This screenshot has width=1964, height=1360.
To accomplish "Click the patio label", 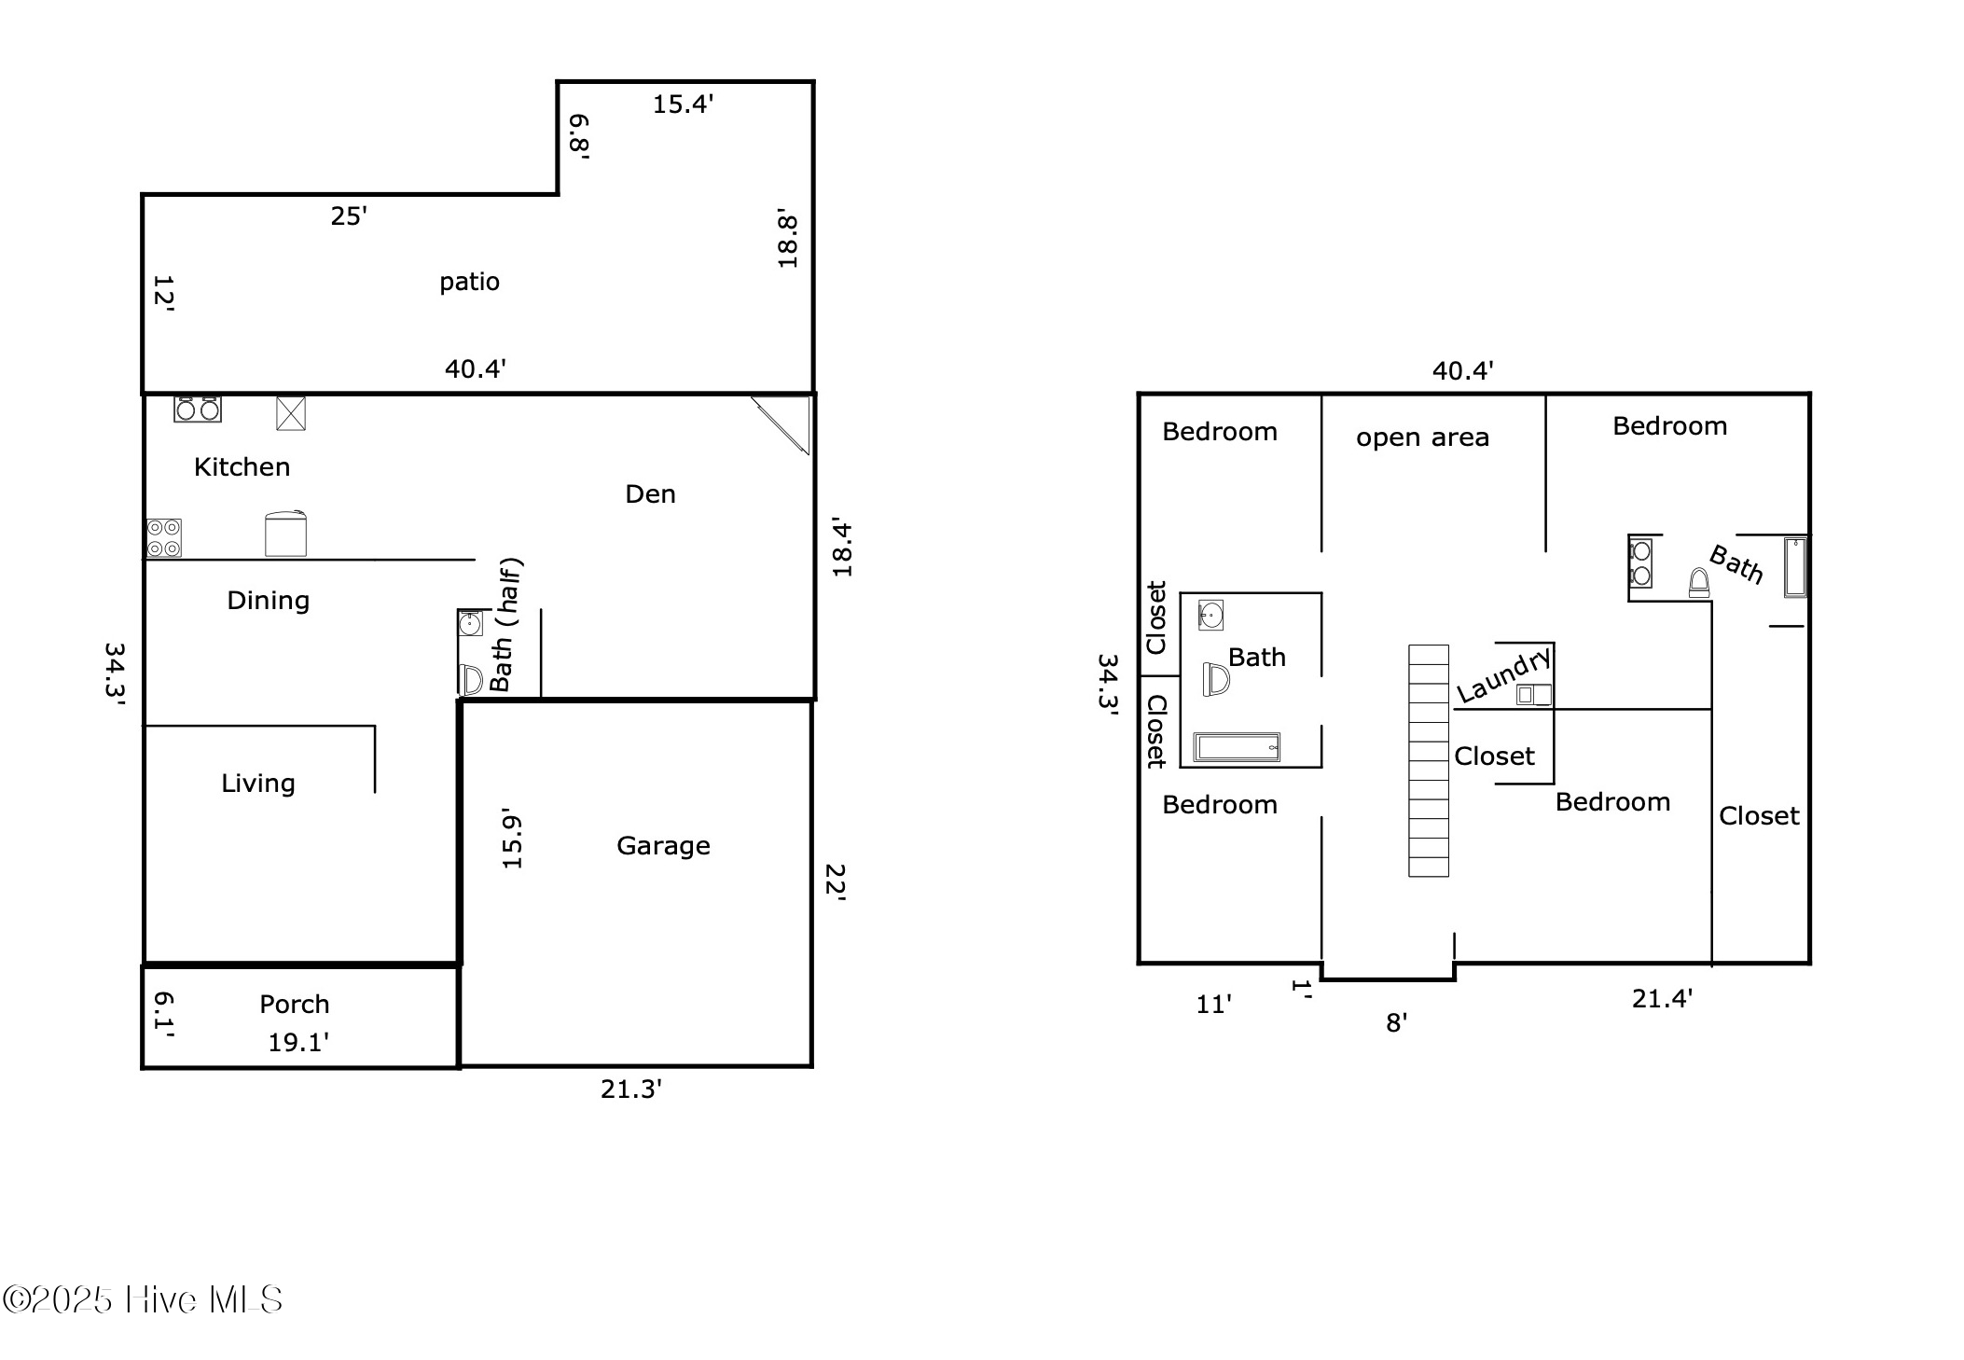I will coord(469,282).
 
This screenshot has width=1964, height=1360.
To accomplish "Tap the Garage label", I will coord(663,846).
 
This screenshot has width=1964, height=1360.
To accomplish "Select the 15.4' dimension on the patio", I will coord(683,104).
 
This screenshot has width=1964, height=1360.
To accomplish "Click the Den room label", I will coord(650,494).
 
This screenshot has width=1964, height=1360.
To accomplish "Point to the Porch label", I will coord(294,1005).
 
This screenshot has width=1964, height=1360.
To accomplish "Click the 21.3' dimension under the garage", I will coord(630,1089).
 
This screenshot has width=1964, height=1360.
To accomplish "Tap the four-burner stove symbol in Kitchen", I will coord(164,538).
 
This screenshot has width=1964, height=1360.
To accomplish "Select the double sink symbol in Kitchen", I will coord(198,409).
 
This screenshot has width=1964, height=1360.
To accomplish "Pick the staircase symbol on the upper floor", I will coord(1428,760).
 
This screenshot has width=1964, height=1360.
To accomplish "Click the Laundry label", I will coord(1503,676).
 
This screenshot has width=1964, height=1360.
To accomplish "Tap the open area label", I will coord(1422,437).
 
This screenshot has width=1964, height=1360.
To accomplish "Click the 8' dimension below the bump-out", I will coord(1396,1023).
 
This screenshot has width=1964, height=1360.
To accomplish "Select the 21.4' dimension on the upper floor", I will coord(1662,999).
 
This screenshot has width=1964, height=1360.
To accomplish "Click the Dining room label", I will coord(268,601).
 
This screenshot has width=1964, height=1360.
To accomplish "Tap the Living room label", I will coord(257,784).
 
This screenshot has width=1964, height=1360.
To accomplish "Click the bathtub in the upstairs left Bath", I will coord(1237,747).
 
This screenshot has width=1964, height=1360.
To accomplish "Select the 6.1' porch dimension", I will coord(163,1014).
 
